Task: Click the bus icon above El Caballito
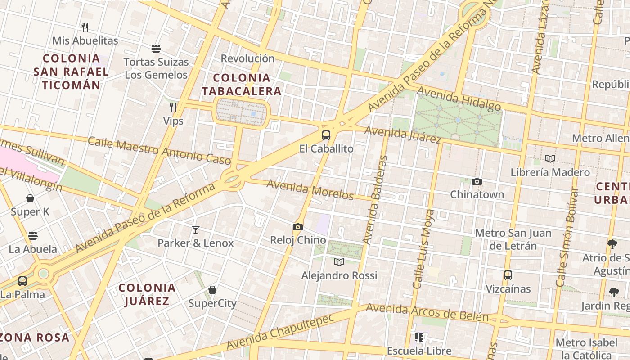point(326,135)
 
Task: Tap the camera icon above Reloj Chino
point(297,227)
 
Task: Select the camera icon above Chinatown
point(477,181)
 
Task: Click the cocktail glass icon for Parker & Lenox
point(195,230)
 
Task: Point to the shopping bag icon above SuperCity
point(212,290)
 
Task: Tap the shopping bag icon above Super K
point(30,198)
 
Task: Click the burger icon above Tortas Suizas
point(156,49)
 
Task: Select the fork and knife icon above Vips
point(173,107)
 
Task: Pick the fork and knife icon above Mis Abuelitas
point(85,27)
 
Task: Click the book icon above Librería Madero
point(550,158)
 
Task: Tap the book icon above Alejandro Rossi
point(339,262)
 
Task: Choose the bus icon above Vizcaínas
point(508,275)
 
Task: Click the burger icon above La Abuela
point(33,236)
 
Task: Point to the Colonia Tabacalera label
point(241,85)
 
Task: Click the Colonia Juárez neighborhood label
point(147,294)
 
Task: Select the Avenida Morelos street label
point(310,189)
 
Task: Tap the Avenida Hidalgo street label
point(459,99)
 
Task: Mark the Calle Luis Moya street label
point(424,248)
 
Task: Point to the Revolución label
point(247,58)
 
